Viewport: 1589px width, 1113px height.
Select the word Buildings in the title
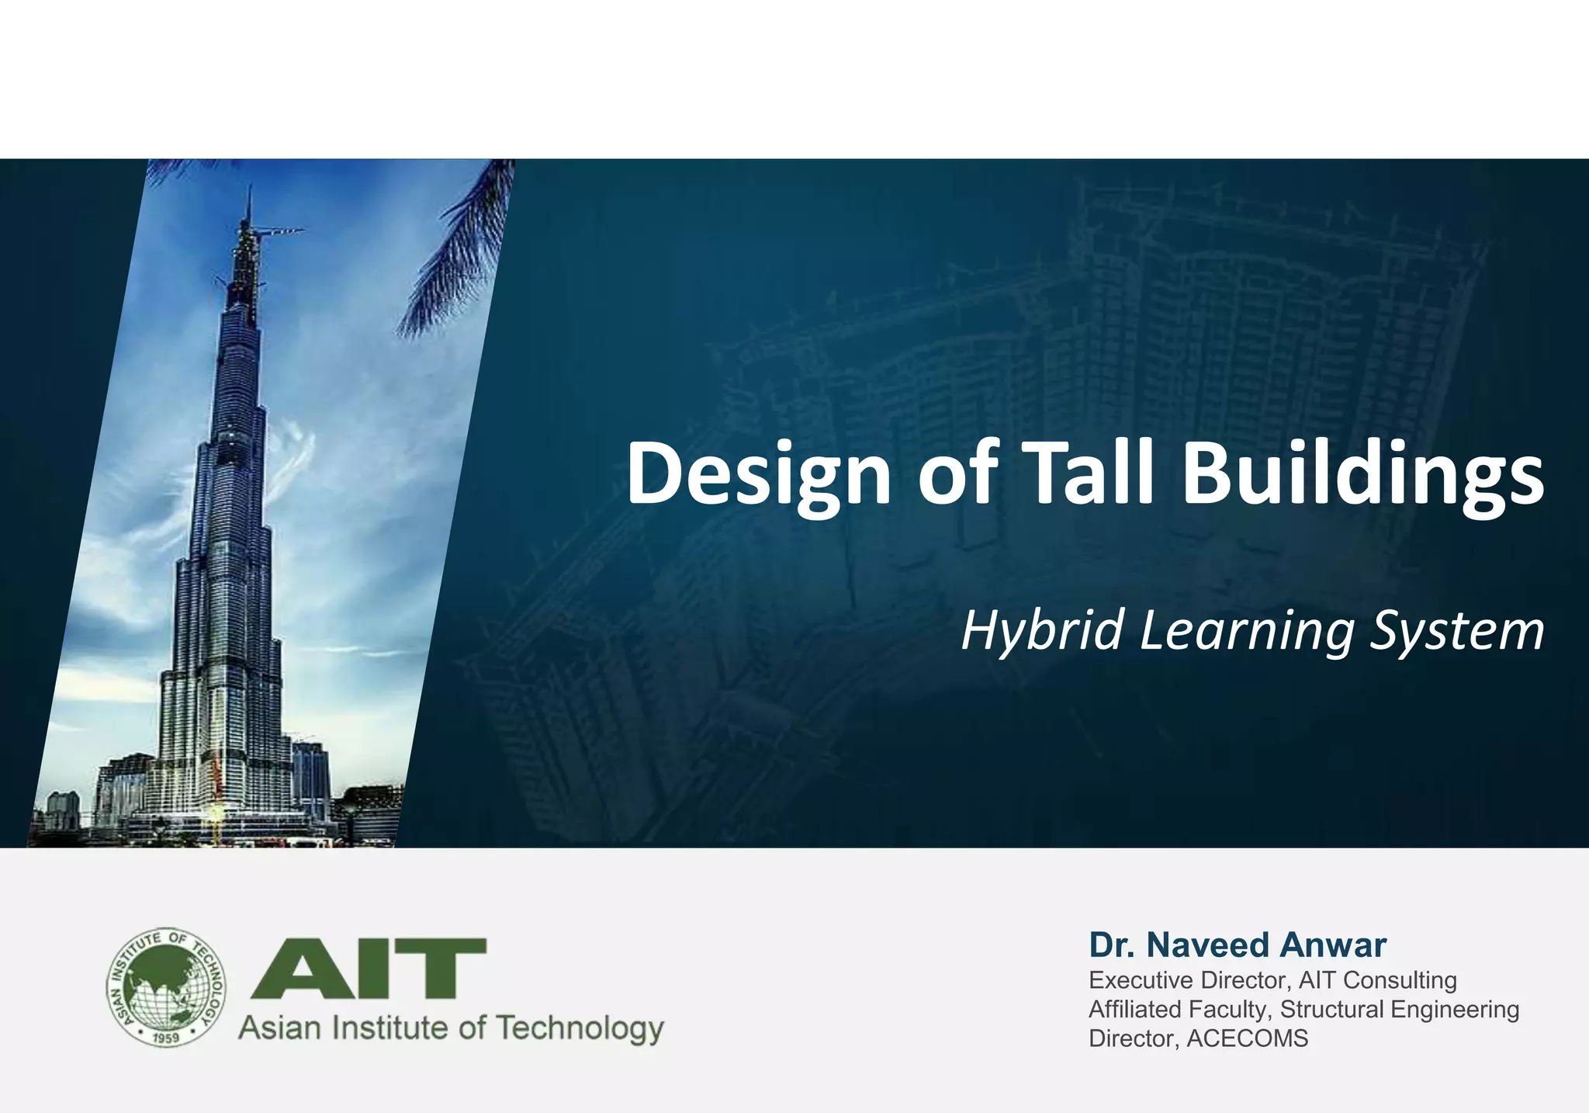pos(1362,473)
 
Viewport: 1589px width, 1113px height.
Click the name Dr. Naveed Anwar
pos(1238,945)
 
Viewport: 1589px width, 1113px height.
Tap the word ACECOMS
pos(1247,1038)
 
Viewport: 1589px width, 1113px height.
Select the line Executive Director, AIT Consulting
pos(1272,980)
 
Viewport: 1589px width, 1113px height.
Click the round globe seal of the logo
pos(165,987)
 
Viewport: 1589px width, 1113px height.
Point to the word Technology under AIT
pos(580,1028)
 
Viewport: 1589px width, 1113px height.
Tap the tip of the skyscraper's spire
pos(249,189)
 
